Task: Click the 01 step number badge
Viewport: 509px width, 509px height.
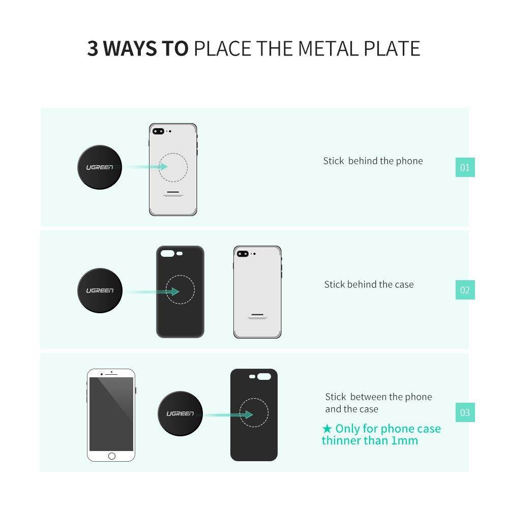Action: point(465,167)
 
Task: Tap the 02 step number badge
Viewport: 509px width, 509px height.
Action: point(465,290)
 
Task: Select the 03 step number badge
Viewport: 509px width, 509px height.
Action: point(465,412)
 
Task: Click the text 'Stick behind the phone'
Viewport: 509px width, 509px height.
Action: point(373,161)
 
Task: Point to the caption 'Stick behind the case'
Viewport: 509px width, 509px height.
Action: point(369,285)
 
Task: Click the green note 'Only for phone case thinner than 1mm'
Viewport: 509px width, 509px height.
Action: point(381,435)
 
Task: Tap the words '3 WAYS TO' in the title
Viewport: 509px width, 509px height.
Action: point(138,49)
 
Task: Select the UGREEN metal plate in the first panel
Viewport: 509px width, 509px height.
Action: point(100,167)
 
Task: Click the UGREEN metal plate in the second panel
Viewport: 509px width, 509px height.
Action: point(100,290)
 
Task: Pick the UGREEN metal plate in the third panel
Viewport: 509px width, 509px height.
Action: point(180,413)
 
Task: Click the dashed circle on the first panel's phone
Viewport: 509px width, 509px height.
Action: point(173,167)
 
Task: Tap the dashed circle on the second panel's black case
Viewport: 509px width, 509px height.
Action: point(180,290)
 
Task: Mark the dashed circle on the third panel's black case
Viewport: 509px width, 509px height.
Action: point(254,412)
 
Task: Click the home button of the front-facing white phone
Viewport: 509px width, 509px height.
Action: point(111,456)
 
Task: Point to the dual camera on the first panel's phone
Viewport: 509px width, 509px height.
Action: point(158,131)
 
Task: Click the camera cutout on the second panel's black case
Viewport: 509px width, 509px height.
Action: point(167,252)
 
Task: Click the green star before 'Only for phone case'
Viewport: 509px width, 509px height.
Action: point(328,429)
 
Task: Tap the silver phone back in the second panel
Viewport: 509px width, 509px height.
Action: point(257,292)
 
